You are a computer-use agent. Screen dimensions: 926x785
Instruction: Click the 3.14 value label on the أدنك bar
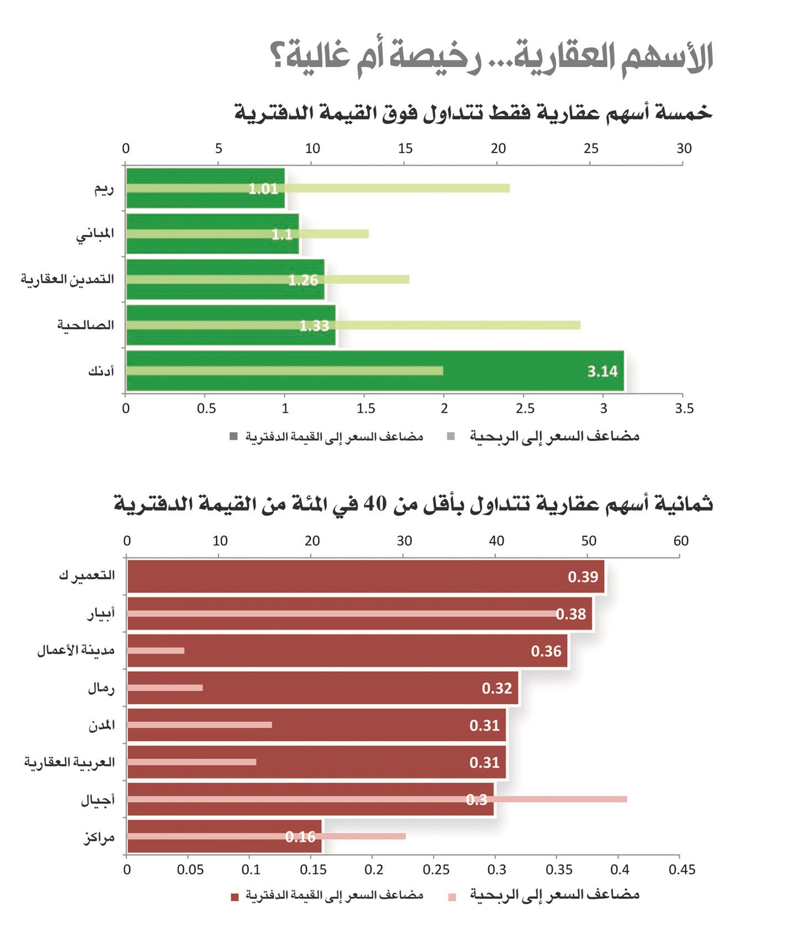[602, 371]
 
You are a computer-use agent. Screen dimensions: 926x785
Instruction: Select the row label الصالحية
[85, 325]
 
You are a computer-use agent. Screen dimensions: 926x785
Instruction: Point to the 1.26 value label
[303, 280]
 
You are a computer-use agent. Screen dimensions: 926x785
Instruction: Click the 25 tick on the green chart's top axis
[591, 149]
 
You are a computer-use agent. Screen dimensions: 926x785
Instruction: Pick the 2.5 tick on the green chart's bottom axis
[525, 408]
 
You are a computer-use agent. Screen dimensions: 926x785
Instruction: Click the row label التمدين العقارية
[68, 279]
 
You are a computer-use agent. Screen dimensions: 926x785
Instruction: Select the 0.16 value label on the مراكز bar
[300, 837]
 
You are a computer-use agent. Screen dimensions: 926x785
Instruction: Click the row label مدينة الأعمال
[76, 651]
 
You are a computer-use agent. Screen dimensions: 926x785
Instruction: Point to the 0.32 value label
[496, 688]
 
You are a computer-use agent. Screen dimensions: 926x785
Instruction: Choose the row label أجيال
[98, 800]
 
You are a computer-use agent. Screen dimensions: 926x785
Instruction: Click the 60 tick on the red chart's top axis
[681, 541]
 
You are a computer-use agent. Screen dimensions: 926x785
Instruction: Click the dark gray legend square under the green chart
[234, 437]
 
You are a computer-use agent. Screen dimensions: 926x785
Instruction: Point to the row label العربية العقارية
[69, 763]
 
